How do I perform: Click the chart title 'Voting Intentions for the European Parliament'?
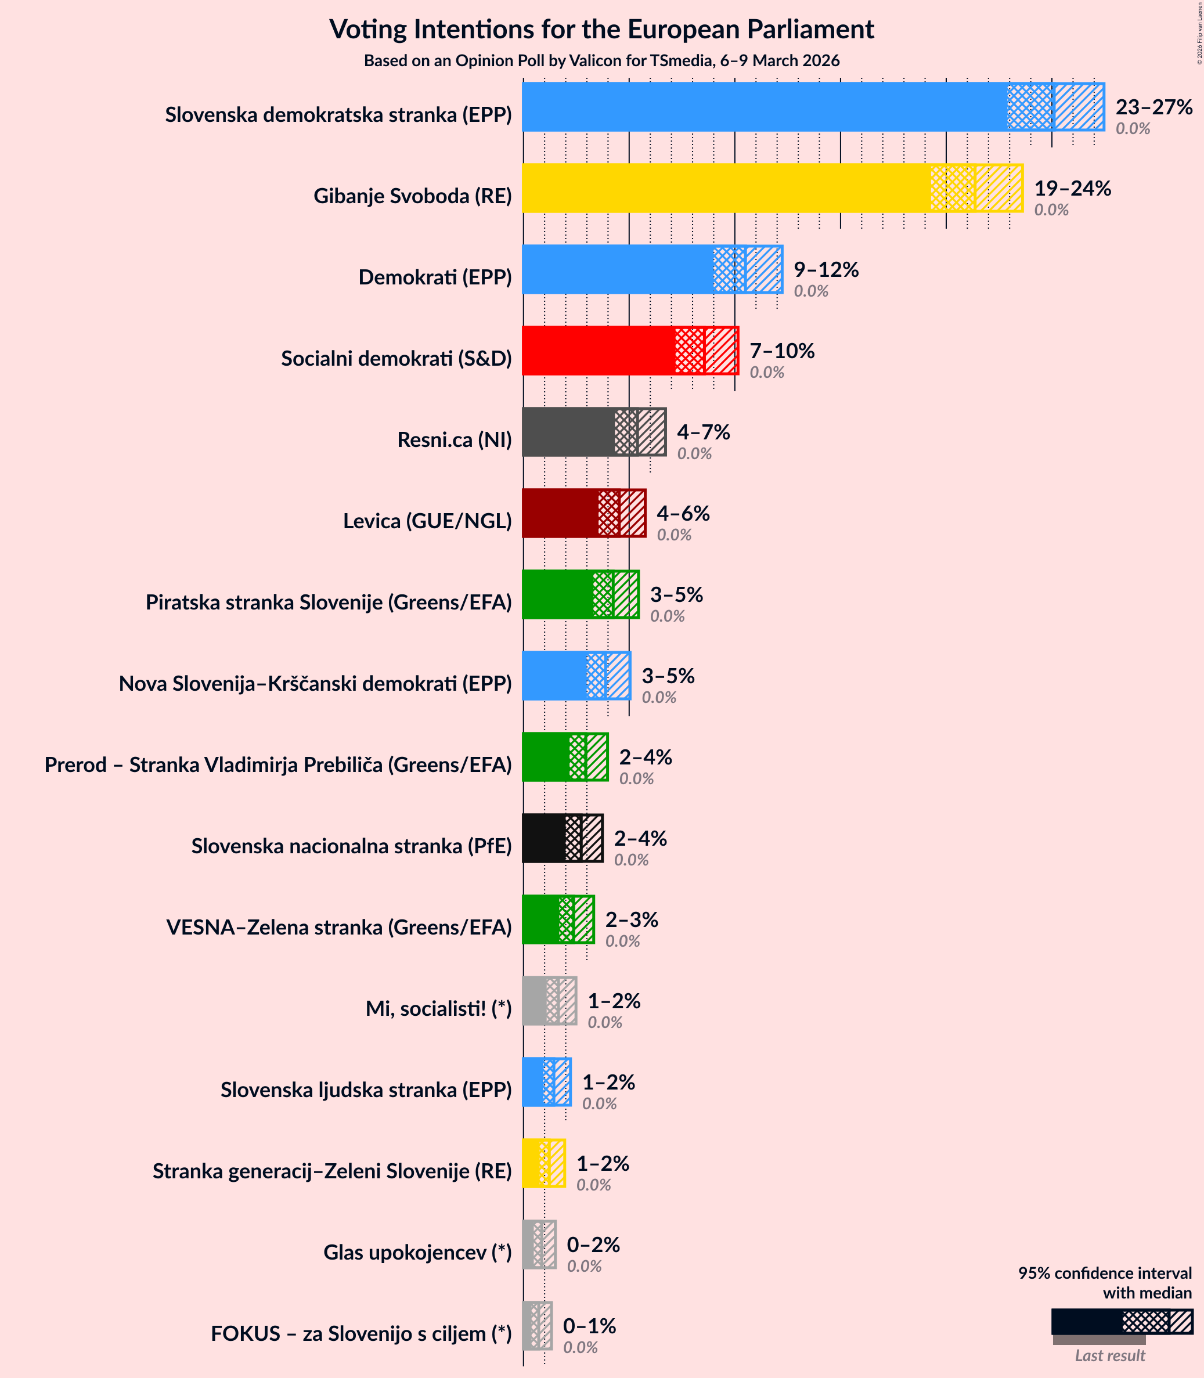pos(601,30)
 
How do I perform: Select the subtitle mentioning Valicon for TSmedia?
pos(601,60)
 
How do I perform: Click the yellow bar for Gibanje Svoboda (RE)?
pos(726,188)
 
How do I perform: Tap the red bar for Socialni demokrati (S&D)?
pos(598,351)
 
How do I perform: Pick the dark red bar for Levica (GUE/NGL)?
pos(560,513)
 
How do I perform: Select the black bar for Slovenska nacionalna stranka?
pos(543,838)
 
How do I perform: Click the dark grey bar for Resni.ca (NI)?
pos(568,432)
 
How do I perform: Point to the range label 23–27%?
pos(1153,107)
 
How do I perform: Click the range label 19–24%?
pos(1072,188)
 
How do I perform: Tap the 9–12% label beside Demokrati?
pos(826,269)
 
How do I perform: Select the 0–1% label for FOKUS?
pos(589,1326)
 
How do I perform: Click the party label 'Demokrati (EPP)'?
pos(435,277)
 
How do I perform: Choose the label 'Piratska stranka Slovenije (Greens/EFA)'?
pos(329,602)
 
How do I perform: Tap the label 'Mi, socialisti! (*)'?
pos(438,1008)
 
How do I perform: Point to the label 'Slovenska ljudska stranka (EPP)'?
pos(366,1089)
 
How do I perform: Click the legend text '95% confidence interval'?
pos(1105,1273)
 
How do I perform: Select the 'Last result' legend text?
pos(1109,1355)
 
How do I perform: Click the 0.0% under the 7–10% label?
pos(767,372)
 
